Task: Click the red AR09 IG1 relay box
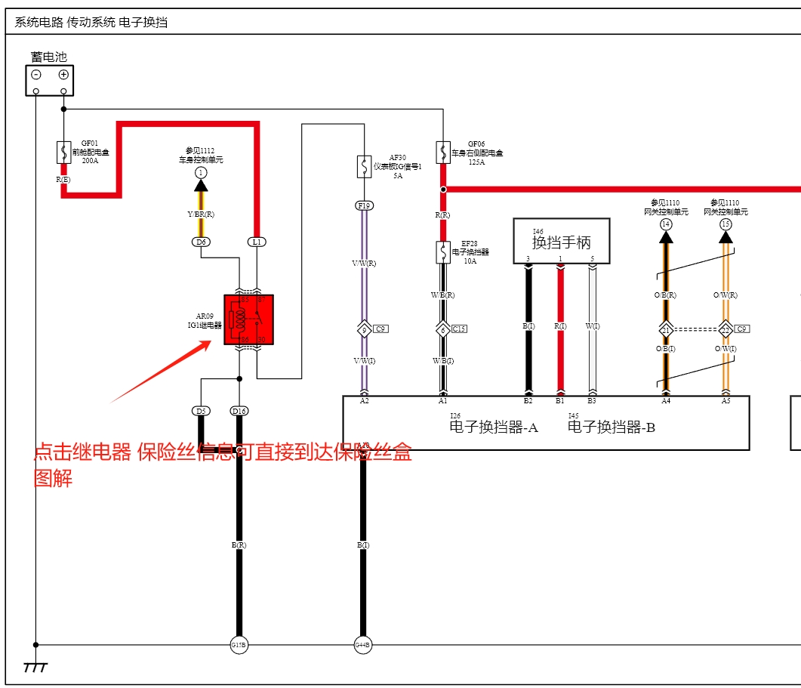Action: point(248,319)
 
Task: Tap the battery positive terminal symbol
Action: point(63,74)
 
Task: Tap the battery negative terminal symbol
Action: point(35,74)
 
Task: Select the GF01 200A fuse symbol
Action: point(63,152)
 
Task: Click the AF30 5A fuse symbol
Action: point(364,166)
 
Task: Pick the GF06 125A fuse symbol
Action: point(443,152)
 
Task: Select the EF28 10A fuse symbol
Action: point(443,252)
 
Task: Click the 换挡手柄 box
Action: point(561,242)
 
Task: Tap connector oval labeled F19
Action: point(364,205)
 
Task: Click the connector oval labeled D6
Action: point(201,242)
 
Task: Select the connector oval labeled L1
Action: point(257,242)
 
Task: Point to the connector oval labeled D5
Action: point(201,411)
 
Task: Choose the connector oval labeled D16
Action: point(239,411)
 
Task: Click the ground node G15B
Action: point(239,645)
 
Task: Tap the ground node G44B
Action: point(363,645)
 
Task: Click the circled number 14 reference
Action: point(665,224)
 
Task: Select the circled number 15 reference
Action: point(726,224)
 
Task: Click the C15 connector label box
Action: point(459,329)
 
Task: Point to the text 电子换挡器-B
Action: point(611,427)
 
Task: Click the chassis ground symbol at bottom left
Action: point(35,668)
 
